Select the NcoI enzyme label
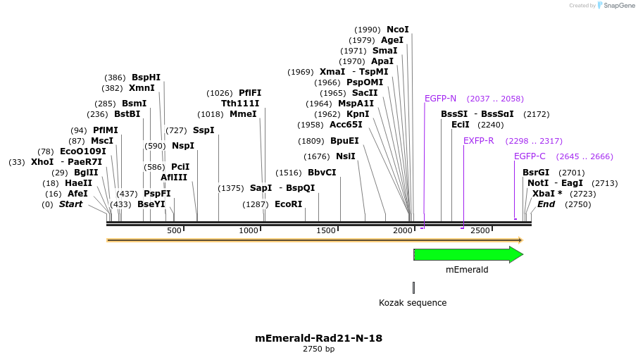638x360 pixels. click(397, 30)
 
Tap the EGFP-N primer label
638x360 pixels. click(440, 99)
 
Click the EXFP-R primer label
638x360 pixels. click(478, 141)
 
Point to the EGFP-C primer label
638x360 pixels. click(530, 156)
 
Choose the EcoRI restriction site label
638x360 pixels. click(288, 204)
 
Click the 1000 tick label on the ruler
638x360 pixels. click(249, 231)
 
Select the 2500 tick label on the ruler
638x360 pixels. click(480, 231)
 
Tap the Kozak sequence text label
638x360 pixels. click(413, 303)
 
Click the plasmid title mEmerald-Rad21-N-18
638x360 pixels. click(318, 338)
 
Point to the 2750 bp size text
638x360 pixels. click(318, 349)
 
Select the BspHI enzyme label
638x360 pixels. click(146, 77)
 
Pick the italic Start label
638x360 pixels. click(70, 204)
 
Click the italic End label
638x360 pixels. click(546, 204)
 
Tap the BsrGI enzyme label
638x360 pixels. click(536, 173)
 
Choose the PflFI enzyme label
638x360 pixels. click(249, 93)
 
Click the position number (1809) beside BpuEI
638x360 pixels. click(312, 141)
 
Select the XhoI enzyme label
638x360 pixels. click(42, 162)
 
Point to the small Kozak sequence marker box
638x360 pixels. click(413, 287)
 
